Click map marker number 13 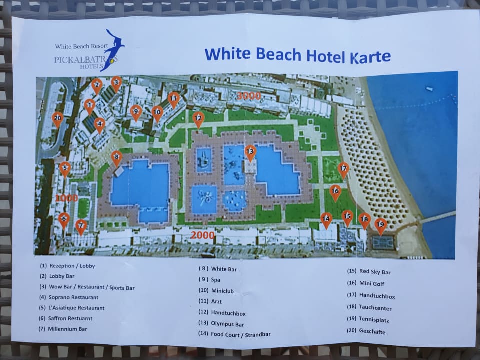click(x=250, y=152)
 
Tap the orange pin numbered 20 click(x=57, y=119)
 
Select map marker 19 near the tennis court click(x=381, y=225)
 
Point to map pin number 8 click(x=116, y=158)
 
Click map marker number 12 click(x=198, y=119)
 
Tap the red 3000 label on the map click(x=249, y=96)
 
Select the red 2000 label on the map click(x=202, y=235)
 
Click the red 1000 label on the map click(x=66, y=198)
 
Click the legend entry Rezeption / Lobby click(x=68, y=266)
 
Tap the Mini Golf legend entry click(x=368, y=283)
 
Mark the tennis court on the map click(x=383, y=243)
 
